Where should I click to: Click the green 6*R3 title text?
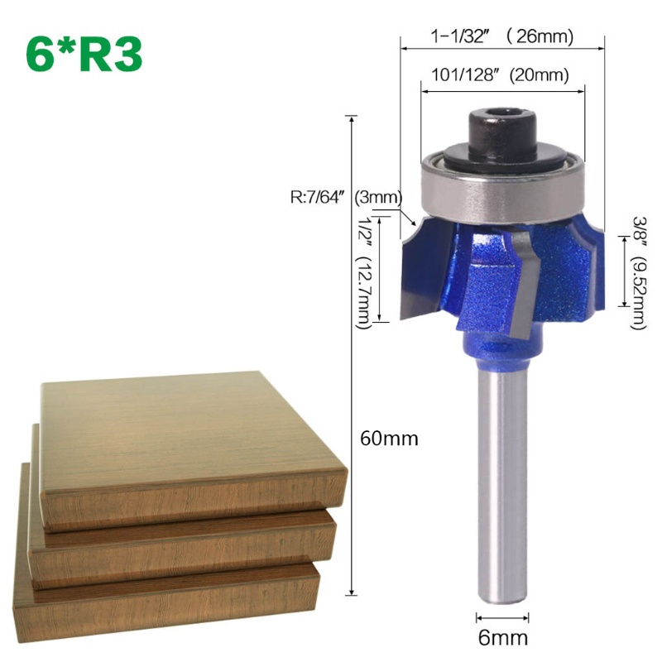[x=84, y=54]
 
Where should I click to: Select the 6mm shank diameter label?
[x=502, y=638]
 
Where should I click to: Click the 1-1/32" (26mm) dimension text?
[x=502, y=36]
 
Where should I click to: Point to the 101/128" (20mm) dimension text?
[x=500, y=75]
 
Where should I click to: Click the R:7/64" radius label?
[x=319, y=198]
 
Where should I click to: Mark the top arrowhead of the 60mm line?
[x=353, y=120]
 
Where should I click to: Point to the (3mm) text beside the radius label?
[x=377, y=198]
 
